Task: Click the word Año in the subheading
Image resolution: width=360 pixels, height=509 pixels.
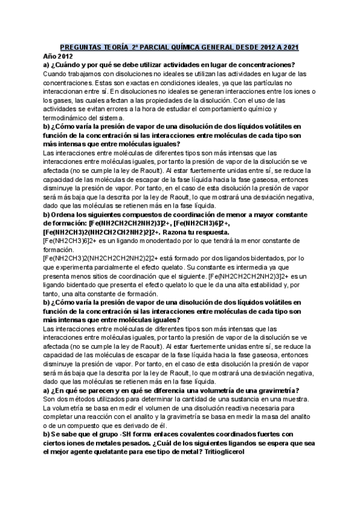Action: click(x=49, y=56)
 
